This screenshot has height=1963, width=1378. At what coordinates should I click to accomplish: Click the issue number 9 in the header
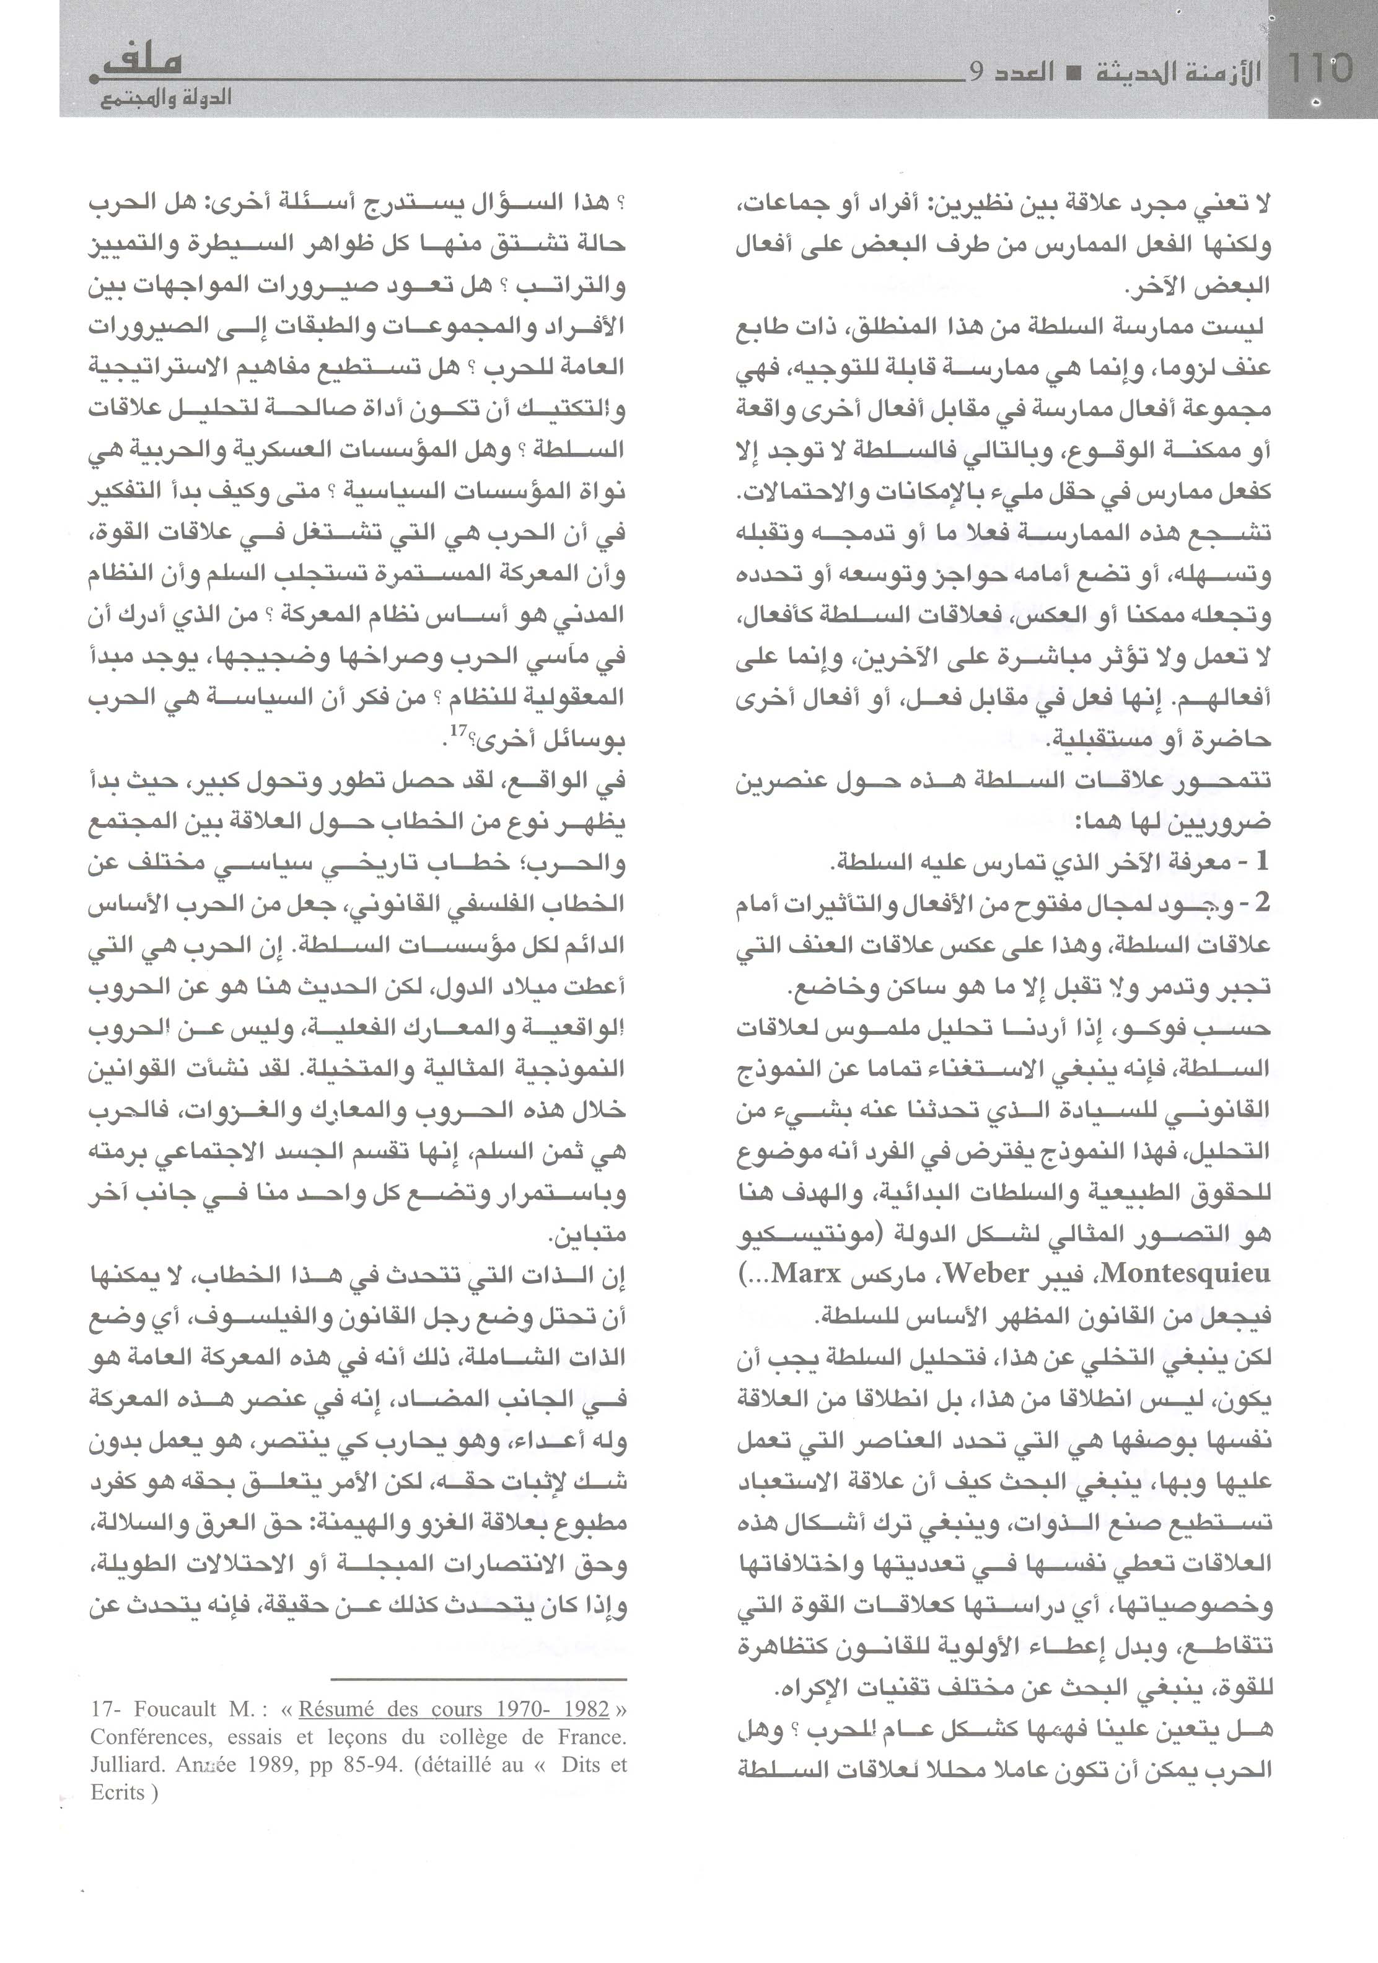[x=978, y=71]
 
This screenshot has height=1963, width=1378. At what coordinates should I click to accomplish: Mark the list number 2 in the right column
[x=1262, y=903]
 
